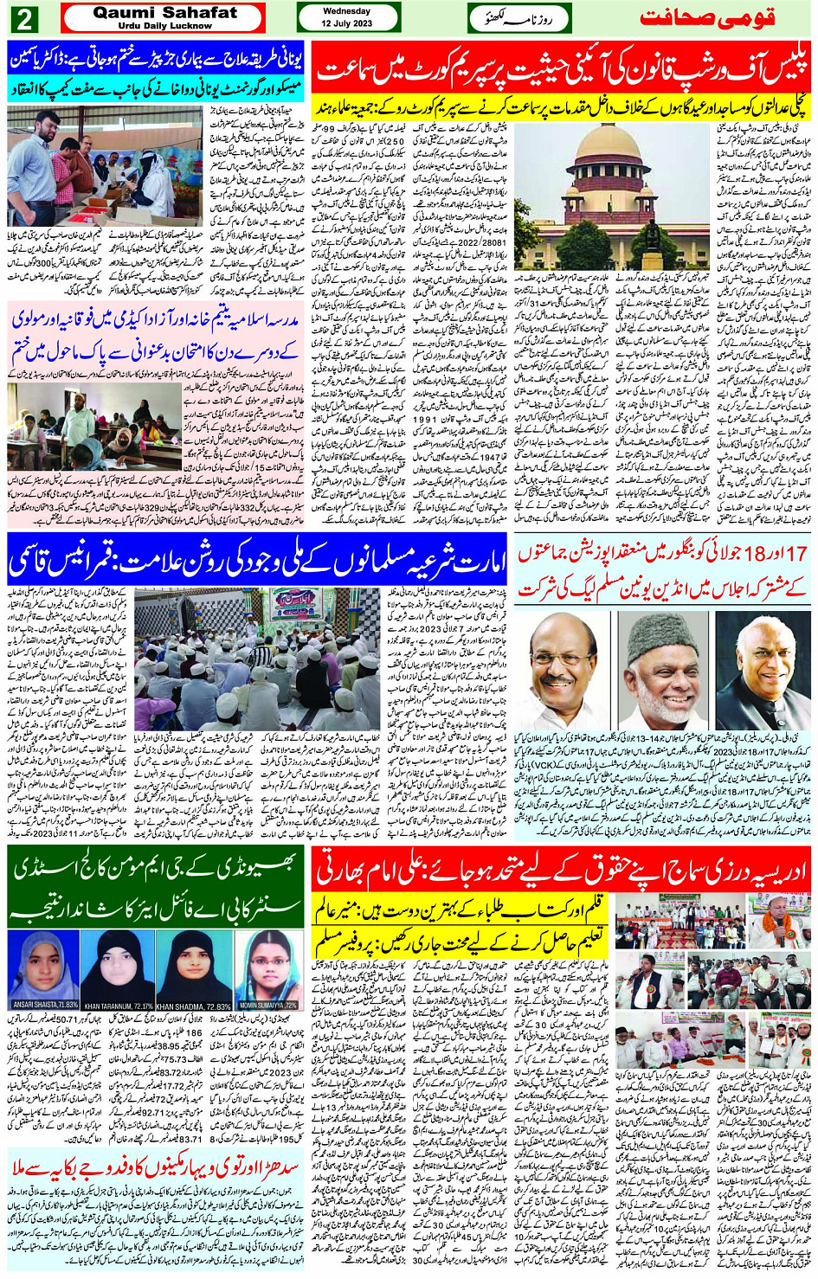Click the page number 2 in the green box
(x=25, y=18)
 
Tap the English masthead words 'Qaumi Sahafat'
(x=164, y=13)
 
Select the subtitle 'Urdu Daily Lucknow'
(x=164, y=26)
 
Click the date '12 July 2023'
(x=346, y=23)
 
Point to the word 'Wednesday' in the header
(x=346, y=11)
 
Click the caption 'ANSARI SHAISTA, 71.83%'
(x=44, y=1005)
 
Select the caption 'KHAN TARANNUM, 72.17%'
(x=119, y=1006)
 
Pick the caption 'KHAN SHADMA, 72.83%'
(x=193, y=1006)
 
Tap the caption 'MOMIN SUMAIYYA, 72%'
(x=267, y=1005)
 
